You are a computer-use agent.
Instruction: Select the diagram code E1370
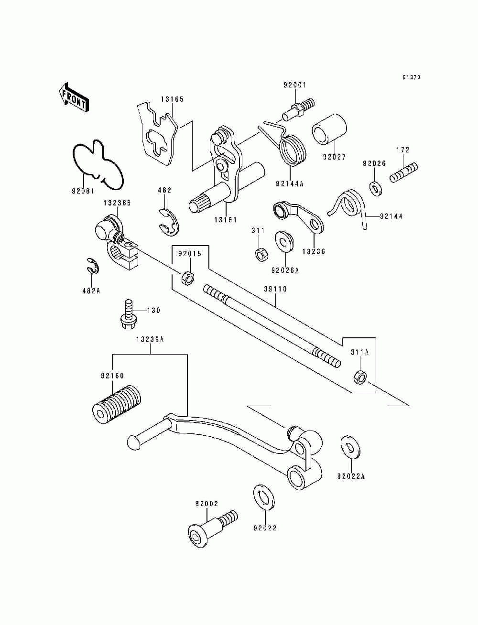(411, 77)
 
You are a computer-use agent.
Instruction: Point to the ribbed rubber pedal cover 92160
(116, 404)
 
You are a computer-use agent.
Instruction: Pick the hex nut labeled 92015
(188, 277)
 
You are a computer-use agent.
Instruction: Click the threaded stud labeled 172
(404, 172)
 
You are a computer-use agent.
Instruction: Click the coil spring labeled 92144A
(291, 149)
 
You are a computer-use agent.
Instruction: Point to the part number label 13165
(172, 99)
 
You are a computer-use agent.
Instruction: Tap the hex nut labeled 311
(261, 254)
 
